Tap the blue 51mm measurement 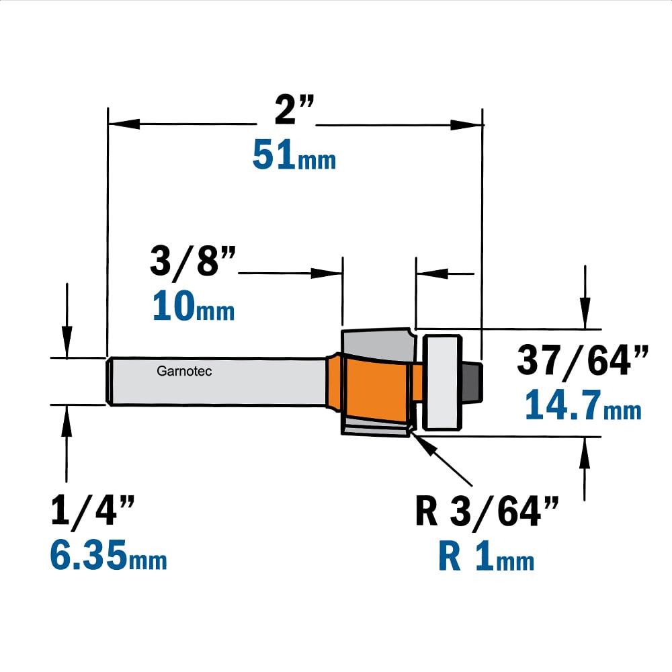tap(294, 155)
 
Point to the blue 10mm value tap(194, 306)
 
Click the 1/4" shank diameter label tap(93, 510)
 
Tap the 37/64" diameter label tap(583, 362)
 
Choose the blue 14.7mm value tap(583, 405)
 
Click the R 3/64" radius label tap(487, 511)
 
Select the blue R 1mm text tap(487, 556)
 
